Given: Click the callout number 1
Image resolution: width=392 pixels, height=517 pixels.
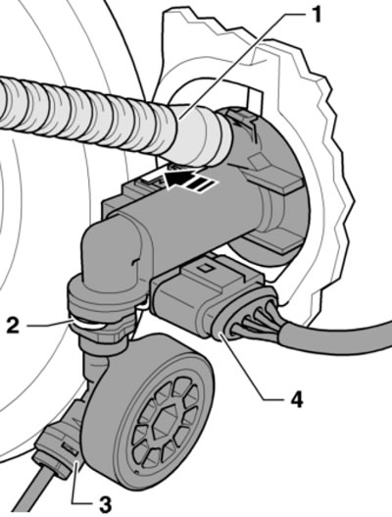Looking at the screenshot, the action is tap(317, 15).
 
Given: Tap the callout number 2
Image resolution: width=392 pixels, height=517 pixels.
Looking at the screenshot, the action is tap(13, 325).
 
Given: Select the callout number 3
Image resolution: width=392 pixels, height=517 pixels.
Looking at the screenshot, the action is tap(105, 504).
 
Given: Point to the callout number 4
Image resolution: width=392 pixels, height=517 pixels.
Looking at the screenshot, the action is tap(296, 399).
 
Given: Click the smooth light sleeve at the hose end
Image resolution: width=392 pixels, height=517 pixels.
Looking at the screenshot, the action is tap(198, 135).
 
